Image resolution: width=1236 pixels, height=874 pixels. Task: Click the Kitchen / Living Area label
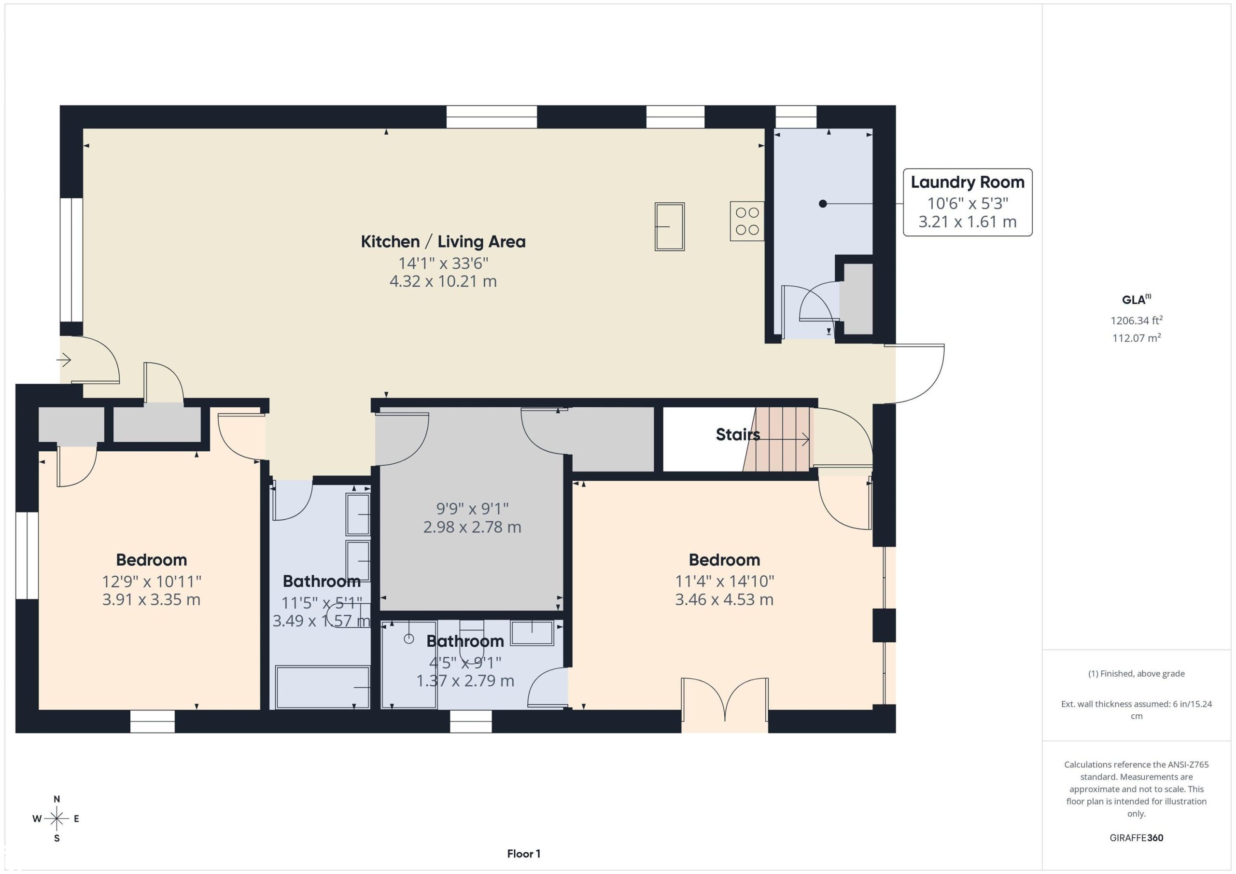[x=443, y=242]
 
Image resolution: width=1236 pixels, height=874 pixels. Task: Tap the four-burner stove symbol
[x=747, y=221]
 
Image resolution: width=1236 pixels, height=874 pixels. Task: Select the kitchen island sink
[x=669, y=226]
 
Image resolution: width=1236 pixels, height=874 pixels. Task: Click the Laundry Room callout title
[x=968, y=182]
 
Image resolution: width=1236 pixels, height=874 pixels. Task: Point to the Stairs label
[x=738, y=434]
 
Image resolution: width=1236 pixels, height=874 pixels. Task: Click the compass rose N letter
[x=56, y=799]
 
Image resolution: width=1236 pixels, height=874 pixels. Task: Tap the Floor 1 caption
[x=523, y=854]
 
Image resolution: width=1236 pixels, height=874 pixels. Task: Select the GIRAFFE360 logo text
[x=1137, y=838]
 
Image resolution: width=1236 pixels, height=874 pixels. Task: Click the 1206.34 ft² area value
[x=1137, y=320]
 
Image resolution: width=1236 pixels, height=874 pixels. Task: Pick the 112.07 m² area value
[x=1137, y=338]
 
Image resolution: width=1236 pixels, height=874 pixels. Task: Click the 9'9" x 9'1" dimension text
[x=472, y=508]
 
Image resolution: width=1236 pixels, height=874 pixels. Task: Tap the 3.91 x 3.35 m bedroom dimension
[x=151, y=599]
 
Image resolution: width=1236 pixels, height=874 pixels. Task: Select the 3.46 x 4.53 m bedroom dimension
[x=724, y=599]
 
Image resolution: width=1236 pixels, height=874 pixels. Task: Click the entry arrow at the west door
[x=64, y=359]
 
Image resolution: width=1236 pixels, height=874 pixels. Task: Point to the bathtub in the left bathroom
[x=322, y=687]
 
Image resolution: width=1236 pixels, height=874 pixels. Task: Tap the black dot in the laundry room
[x=823, y=204]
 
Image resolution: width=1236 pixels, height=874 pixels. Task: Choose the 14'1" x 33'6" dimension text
[x=443, y=263]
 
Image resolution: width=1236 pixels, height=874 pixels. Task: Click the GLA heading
[x=1137, y=300]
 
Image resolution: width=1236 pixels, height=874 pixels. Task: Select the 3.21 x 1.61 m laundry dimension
[x=968, y=222]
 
